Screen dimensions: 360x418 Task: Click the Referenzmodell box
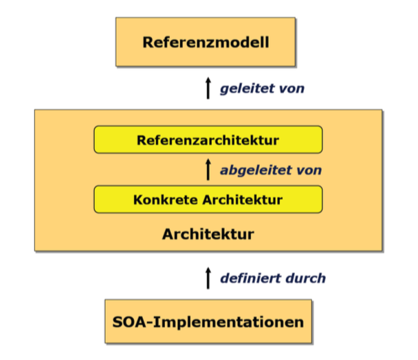click(206, 43)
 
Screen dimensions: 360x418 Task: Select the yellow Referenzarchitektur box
click(208, 140)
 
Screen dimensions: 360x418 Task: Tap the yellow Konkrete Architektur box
click(208, 200)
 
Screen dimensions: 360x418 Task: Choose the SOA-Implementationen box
click(208, 320)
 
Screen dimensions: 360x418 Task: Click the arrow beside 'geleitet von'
click(208, 89)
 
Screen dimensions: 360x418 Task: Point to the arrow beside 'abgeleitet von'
click(208, 169)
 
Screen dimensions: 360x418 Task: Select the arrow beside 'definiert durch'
click(208, 278)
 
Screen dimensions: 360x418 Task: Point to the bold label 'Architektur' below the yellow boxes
click(208, 234)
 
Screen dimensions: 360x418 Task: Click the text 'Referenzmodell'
click(206, 43)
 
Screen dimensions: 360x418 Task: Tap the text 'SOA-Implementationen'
click(208, 321)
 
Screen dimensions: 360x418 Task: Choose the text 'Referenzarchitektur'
click(208, 140)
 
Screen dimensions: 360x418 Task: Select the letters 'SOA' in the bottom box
click(130, 321)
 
